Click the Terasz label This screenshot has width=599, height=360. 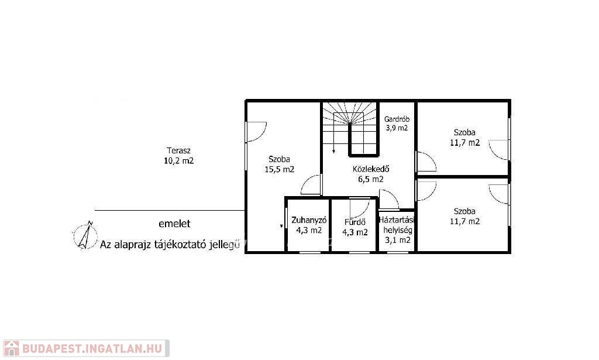coord(178,150)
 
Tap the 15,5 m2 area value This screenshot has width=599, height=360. coord(280,169)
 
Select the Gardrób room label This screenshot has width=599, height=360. coord(397,119)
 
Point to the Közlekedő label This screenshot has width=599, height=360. coord(371,169)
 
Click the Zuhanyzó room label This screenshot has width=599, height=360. coord(309,220)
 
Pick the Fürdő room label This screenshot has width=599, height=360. coord(355,222)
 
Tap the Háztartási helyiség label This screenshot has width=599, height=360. coord(397,225)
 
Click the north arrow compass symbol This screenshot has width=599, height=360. coord(85,235)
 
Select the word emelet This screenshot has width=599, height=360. coord(174,224)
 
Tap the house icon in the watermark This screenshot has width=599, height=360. coord(11,348)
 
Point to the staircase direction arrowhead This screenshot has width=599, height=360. coord(334,152)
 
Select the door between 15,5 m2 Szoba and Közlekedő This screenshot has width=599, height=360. coord(311,185)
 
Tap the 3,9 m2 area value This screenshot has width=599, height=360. coord(397,128)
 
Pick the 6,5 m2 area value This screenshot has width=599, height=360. coord(371,179)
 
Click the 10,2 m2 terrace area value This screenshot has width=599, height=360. coord(179,161)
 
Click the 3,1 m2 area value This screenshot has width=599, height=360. coord(398,240)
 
